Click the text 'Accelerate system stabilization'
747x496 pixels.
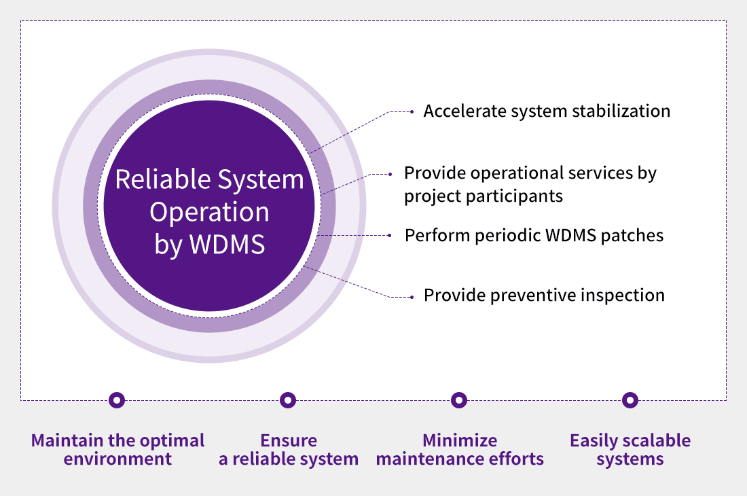[547, 111]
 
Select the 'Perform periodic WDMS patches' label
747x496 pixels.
[534, 236]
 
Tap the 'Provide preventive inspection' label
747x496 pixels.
[544, 296]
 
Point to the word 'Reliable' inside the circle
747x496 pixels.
[162, 179]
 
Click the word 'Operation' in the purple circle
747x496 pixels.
[209, 212]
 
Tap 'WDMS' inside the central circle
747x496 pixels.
[228, 244]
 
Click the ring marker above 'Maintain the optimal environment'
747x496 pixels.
[117, 400]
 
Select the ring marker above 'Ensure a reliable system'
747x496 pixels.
[288, 400]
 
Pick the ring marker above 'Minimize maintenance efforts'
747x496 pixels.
[459, 400]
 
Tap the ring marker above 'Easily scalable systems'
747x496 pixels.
[630, 400]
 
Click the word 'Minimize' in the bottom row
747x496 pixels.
[460, 440]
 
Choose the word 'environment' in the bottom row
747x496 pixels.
[117, 459]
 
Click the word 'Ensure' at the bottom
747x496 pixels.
[289, 440]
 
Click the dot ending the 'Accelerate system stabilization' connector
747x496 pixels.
[412, 111]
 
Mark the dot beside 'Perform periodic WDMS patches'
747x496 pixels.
[390, 236]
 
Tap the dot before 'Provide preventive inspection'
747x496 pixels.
[412, 296]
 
